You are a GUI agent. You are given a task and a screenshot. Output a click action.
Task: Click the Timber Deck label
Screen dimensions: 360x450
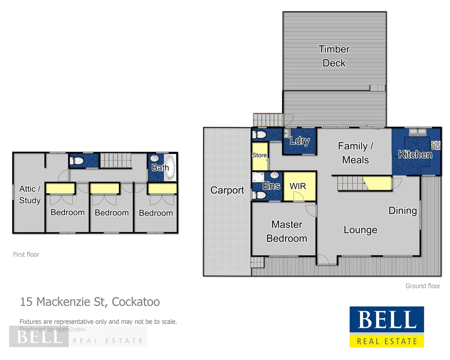click(334, 56)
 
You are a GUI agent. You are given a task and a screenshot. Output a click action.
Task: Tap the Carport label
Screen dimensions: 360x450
click(227, 190)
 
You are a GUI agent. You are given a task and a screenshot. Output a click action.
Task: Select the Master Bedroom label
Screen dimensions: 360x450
click(286, 231)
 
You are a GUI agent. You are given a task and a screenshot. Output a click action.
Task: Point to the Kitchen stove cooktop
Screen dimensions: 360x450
click(435, 145)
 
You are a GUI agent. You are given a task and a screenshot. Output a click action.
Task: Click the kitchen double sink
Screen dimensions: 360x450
click(418, 132)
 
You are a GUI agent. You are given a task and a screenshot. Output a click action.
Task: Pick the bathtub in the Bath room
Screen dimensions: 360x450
click(170, 167)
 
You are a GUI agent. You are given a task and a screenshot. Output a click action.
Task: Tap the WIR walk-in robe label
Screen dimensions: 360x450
click(298, 186)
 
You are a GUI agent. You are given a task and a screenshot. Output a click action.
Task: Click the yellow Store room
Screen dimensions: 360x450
click(260, 157)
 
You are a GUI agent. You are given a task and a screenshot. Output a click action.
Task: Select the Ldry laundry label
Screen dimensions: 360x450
click(300, 141)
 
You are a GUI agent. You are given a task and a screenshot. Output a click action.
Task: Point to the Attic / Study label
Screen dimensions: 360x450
click(30, 194)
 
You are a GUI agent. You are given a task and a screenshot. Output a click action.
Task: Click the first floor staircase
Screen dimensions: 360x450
click(116, 160)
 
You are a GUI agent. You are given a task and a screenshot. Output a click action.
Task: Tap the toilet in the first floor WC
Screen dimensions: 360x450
click(77, 161)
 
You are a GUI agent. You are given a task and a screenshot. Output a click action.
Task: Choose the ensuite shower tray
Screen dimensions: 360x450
click(258, 177)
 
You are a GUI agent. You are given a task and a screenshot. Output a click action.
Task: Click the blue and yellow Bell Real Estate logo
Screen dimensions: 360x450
click(387, 327)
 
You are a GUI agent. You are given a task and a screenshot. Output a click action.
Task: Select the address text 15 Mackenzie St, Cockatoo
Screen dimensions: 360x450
click(90, 302)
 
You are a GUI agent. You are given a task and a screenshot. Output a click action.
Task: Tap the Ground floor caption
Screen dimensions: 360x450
click(423, 286)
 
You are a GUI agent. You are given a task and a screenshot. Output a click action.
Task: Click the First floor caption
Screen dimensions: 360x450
click(26, 254)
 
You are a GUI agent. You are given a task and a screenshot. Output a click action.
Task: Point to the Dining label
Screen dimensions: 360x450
click(402, 210)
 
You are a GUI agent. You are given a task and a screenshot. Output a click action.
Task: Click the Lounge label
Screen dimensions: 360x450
click(360, 230)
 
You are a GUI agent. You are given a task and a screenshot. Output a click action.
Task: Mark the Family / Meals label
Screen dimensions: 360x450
click(355, 153)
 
